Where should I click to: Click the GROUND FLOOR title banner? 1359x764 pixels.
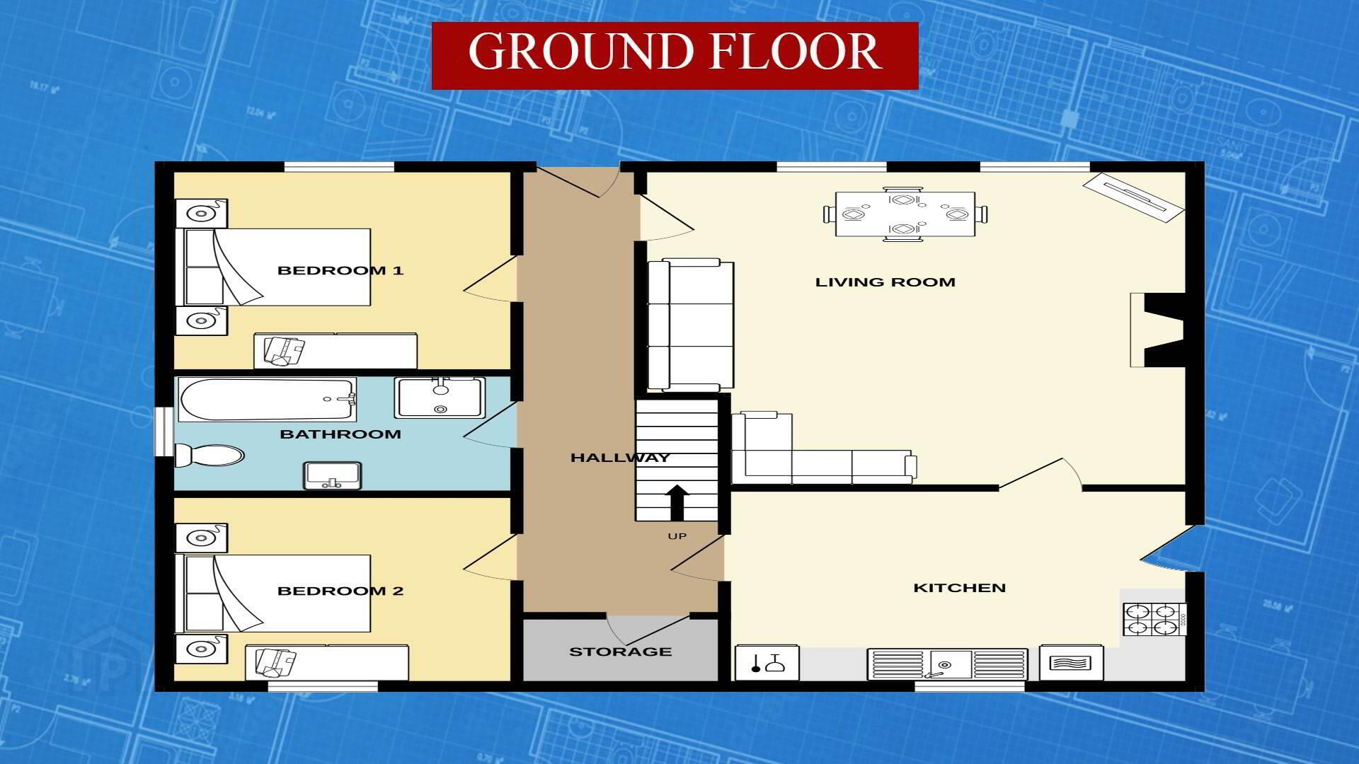[x=675, y=55]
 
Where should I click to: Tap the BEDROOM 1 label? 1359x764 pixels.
[x=340, y=270]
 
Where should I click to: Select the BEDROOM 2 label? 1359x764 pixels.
[x=340, y=591]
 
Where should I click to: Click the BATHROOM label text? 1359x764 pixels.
[x=340, y=434]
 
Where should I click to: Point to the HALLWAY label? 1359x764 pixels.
[x=620, y=458]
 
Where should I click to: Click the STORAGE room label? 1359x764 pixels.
[x=621, y=652]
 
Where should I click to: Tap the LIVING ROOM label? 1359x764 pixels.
[x=885, y=282]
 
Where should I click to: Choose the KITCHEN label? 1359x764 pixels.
[x=960, y=588]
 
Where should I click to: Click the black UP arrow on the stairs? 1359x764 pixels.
[x=677, y=502]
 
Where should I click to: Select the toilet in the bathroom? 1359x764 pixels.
[x=210, y=455]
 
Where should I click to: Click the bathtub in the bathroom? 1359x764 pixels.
[x=267, y=399]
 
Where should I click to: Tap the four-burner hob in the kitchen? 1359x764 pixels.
[x=1154, y=619]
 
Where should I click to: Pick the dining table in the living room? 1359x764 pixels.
[x=905, y=214]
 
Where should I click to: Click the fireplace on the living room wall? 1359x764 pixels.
[x=1158, y=330]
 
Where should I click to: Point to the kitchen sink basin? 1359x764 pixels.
[x=948, y=664]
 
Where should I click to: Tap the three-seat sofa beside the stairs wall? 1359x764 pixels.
[x=691, y=325]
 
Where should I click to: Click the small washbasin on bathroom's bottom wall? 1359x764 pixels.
[x=333, y=475]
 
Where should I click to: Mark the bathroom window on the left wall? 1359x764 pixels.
[x=164, y=432]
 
